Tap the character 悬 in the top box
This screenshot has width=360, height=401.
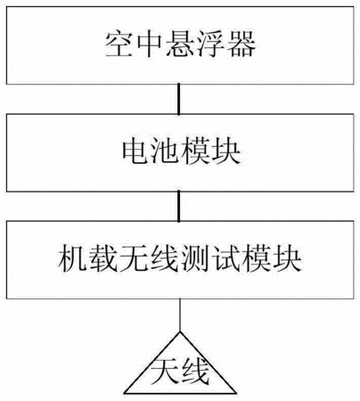180,45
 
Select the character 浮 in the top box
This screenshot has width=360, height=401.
210,45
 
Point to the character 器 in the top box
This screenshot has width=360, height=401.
241,45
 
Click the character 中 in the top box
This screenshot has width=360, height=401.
150,45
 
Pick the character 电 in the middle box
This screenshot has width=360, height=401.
135,151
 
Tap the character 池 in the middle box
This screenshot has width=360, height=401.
166,151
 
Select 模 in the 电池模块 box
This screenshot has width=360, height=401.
196,151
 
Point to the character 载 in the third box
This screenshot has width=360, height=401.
102,259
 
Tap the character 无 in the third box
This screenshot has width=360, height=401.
134,259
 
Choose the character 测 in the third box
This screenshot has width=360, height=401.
195,259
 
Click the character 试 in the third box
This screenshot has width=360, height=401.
226,259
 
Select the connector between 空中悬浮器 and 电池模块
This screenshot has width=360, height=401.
178,99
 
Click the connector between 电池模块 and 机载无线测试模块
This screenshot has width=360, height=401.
178,206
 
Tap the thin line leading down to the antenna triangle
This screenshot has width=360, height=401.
180,315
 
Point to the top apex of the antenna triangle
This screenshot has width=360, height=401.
180,332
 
